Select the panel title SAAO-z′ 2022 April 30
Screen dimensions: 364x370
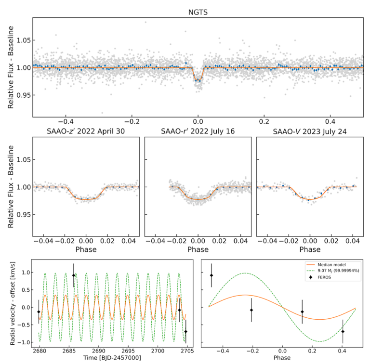86,131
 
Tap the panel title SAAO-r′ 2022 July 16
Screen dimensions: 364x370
198,131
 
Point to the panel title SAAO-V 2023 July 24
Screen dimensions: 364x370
310,131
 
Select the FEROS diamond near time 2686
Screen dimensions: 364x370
74,275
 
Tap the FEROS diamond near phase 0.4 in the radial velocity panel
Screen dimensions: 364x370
343,331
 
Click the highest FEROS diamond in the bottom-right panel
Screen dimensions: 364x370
211,275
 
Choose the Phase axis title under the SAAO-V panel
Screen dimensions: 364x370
310,249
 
